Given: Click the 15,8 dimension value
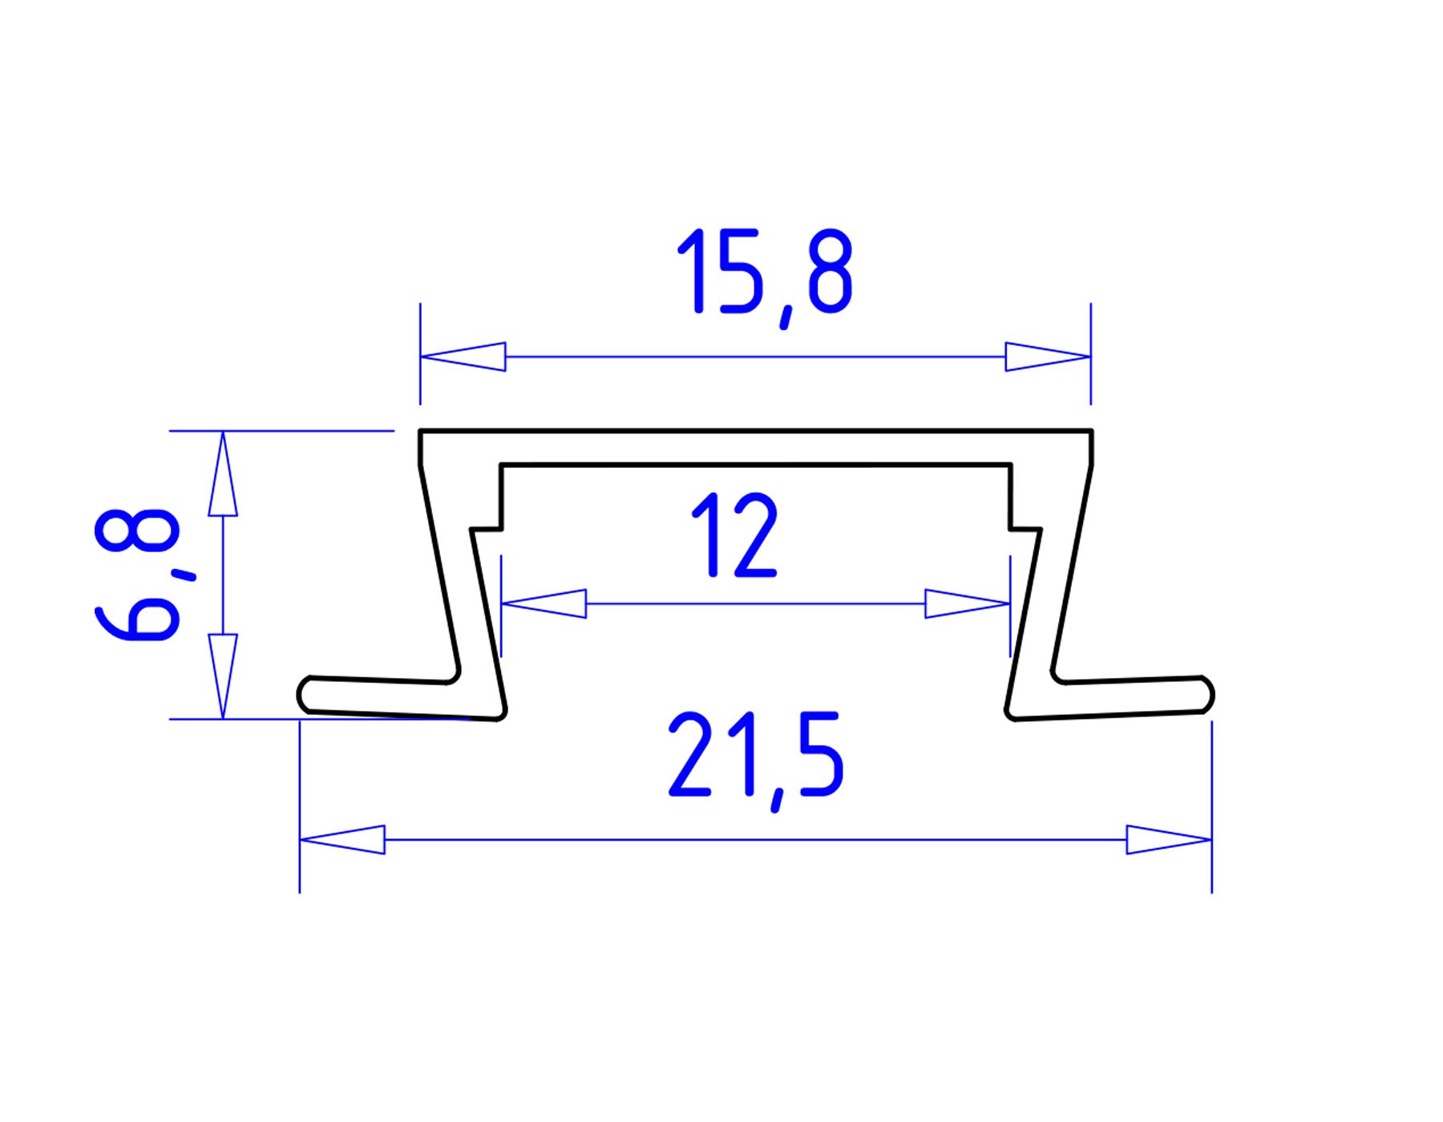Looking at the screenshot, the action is click(765, 276).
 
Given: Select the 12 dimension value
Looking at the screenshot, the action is click(734, 535).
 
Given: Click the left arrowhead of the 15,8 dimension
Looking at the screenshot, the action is click(463, 357).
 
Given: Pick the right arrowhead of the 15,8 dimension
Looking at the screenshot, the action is click(1048, 357).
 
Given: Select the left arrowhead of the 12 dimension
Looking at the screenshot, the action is click(544, 603).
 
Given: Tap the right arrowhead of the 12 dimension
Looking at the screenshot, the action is click(968, 603).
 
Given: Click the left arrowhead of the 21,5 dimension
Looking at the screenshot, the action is click(342, 839).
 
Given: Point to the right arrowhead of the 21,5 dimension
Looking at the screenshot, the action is click(1169, 839).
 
